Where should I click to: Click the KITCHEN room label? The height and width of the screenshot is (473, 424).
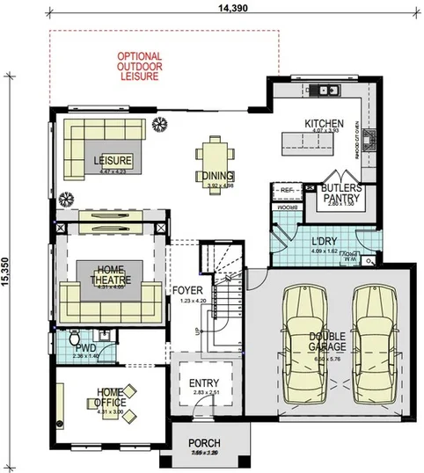(323, 124)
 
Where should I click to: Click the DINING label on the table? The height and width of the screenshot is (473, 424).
(213, 174)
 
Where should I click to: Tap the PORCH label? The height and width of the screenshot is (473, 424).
(204, 442)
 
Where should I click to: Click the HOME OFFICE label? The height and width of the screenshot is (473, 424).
(110, 397)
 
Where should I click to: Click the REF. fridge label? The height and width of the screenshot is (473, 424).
(287, 189)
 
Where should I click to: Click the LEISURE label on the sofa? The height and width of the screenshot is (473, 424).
(113, 160)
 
